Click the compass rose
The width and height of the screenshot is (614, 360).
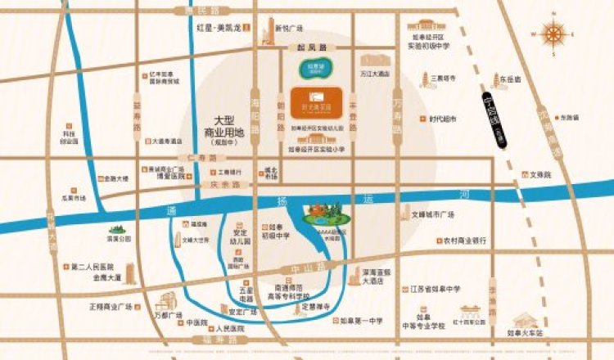[556, 34]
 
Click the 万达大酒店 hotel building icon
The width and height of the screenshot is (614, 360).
[373, 61]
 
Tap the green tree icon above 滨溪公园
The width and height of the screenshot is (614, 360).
[118, 230]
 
